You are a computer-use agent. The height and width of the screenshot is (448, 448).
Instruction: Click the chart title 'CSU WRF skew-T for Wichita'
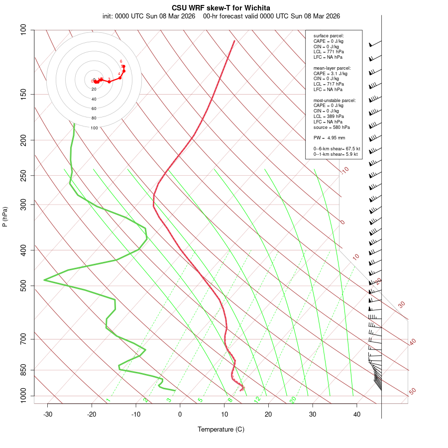pos(221,8)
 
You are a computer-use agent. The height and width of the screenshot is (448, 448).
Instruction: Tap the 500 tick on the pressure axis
pos(23,286)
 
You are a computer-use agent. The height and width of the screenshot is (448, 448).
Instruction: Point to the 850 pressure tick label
pos(23,370)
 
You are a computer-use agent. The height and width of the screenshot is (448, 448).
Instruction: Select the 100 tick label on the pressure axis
pos(23,30)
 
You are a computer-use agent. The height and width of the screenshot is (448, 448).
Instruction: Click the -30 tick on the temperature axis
pos(48,414)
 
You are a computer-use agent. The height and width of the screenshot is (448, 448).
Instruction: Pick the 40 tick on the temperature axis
pos(357,414)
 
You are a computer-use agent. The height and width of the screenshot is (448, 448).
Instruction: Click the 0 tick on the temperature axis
pos(180,414)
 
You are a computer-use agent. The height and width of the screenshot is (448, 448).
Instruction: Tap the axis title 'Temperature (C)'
pos(221,429)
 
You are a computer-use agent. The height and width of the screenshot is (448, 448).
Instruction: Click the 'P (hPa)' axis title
pos(5,217)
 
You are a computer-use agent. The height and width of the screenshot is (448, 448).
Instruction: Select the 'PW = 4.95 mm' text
pos(329,138)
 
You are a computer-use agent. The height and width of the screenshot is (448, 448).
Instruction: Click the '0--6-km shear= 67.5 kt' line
pos(336,149)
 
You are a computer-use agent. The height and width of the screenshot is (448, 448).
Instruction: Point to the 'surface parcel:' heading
pos(329,36)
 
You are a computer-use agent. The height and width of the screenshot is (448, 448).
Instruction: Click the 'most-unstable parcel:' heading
pos(335,100)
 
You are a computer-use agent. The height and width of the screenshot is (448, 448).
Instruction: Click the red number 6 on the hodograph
pos(121,61)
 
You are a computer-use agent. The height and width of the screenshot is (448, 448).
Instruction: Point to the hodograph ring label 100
pos(94,128)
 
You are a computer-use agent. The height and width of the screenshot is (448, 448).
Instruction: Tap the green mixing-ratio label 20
pos(293,399)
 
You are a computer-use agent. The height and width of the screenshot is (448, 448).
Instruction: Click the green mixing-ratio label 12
pos(257,400)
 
